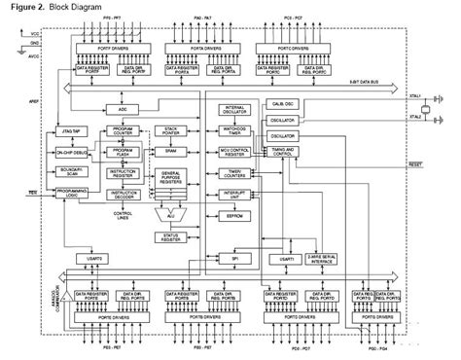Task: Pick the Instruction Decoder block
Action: (x=124, y=174)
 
